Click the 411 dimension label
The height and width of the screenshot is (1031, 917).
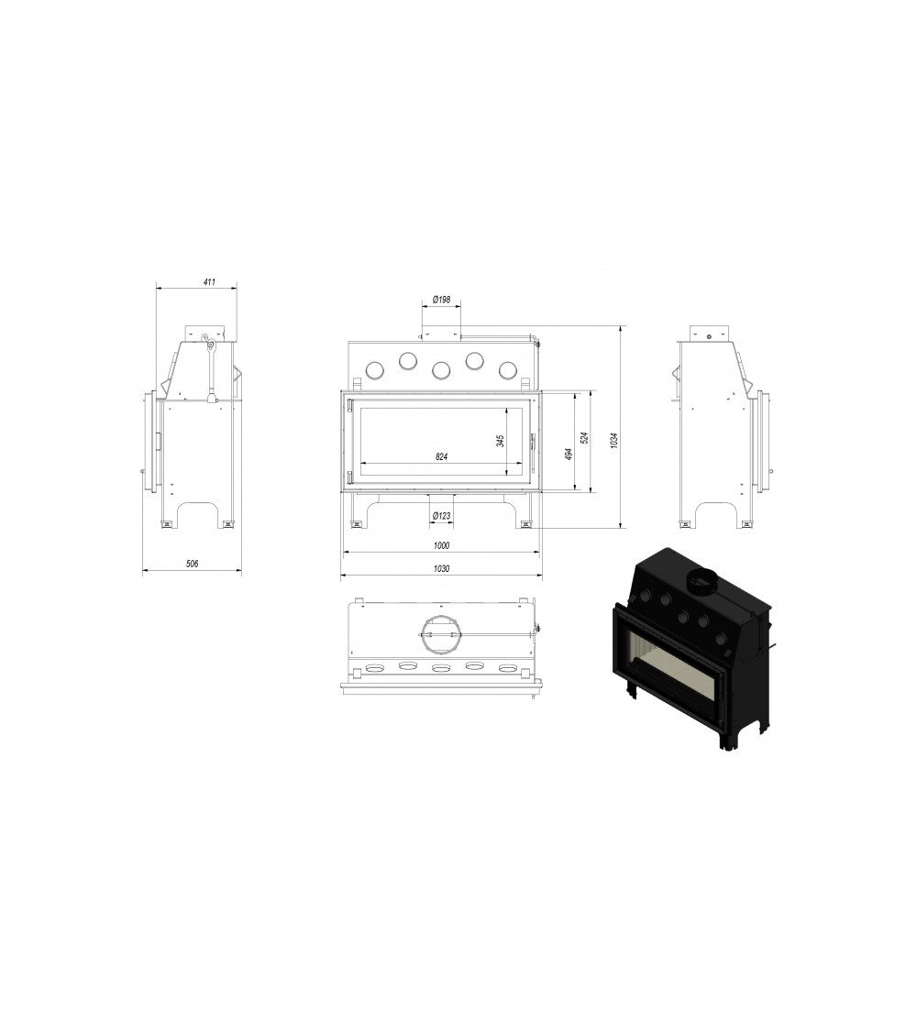pos(209,282)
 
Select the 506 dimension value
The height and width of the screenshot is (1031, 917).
pos(192,564)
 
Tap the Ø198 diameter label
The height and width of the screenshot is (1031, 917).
pos(441,300)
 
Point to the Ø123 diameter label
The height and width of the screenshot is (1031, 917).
pos(441,515)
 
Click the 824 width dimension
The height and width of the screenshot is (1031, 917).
pos(441,456)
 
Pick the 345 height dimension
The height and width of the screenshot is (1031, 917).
pos(501,441)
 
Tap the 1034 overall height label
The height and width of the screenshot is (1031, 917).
pos(613,441)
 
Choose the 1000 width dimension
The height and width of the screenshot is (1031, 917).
pos(441,545)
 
